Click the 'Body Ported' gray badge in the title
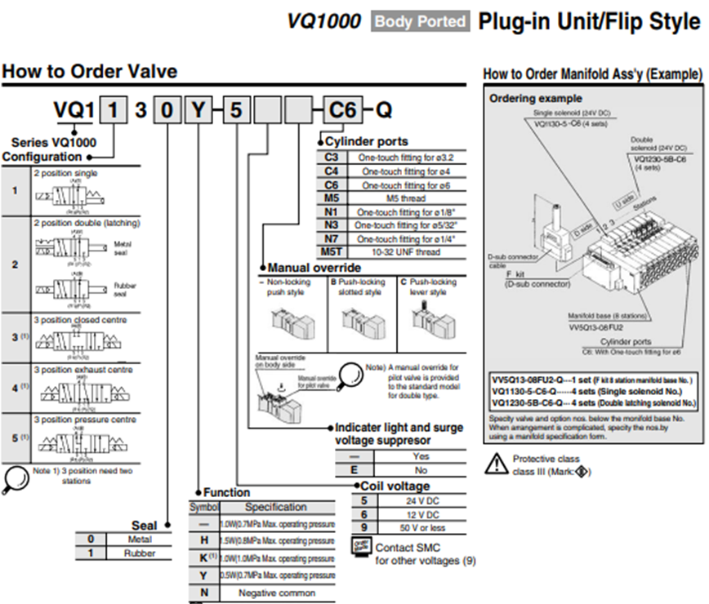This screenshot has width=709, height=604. [x=421, y=21]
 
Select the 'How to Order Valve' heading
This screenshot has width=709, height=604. [x=89, y=72]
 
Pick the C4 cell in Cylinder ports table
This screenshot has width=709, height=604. [x=330, y=171]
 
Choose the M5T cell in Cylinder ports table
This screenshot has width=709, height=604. [x=330, y=252]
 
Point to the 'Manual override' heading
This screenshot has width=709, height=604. [x=314, y=267]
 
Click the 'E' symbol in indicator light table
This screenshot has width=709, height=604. [x=354, y=470]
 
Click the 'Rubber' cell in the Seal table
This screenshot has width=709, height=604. [x=140, y=553]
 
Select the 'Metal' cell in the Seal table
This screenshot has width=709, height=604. [x=140, y=539]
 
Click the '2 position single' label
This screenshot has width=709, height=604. [x=65, y=173]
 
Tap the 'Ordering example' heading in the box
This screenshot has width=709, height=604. [x=523, y=99]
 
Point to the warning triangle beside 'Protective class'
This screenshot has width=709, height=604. [x=496, y=464]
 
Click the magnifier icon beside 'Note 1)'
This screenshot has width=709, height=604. [x=16, y=476]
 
